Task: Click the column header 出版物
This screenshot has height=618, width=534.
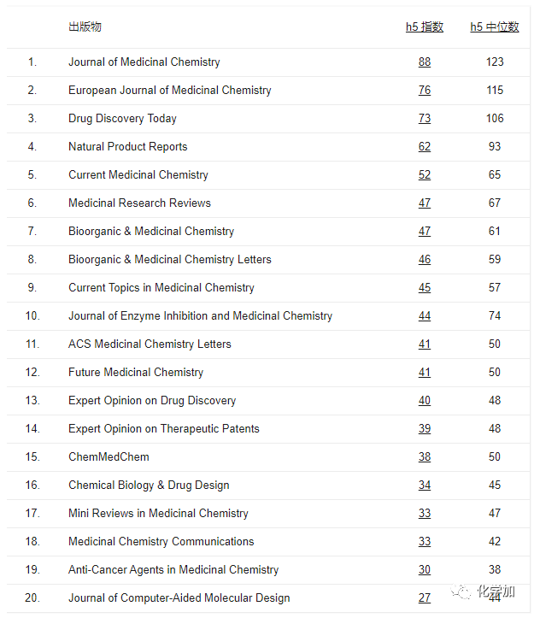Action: click(x=85, y=26)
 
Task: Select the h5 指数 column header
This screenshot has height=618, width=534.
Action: click(x=425, y=26)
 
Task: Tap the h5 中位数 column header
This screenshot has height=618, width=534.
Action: click(x=494, y=26)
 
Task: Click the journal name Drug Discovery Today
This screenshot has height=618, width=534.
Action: click(x=122, y=118)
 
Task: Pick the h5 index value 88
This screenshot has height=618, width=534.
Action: click(x=425, y=62)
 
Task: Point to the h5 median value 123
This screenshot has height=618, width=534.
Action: click(x=495, y=62)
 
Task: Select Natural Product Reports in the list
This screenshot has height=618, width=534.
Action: click(x=127, y=146)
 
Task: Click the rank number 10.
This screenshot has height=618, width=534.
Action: click(x=32, y=315)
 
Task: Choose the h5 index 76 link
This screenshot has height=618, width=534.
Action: click(x=425, y=90)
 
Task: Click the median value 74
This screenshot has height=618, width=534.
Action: click(x=495, y=315)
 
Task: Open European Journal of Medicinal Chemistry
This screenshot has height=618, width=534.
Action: click(x=169, y=90)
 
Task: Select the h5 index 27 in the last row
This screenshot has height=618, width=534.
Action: click(x=425, y=597)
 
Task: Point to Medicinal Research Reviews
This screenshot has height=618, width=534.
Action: click(x=139, y=203)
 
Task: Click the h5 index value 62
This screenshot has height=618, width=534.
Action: click(x=425, y=146)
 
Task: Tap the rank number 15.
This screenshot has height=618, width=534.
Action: click(x=32, y=456)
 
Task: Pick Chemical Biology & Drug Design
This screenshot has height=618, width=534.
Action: click(x=149, y=485)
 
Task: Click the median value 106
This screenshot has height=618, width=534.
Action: click(x=495, y=118)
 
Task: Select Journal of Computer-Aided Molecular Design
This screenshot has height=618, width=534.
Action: click(x=179, y=597)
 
